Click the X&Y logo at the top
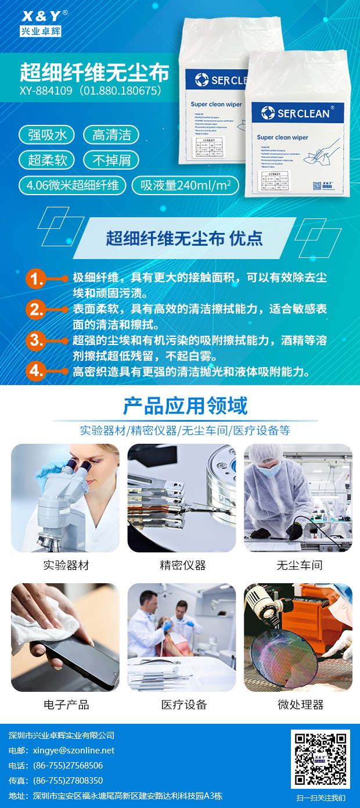tap(41, 22)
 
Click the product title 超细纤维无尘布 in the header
tap(95, 73)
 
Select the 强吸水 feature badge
tap(48, 135)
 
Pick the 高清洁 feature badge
tap(112, 135)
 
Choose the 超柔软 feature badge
tap(48, 160)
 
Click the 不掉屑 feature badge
tap(112, 160)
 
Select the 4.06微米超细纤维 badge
tap(73, 185)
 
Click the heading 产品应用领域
tap(185, 405)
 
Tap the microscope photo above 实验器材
tap(65, 498)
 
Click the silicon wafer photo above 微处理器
tap(298, 637)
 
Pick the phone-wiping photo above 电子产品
tap(65, 637)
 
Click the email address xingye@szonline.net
tap(74, 750)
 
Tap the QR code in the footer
tap(320, 759)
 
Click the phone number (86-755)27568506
tap(68, 766)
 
